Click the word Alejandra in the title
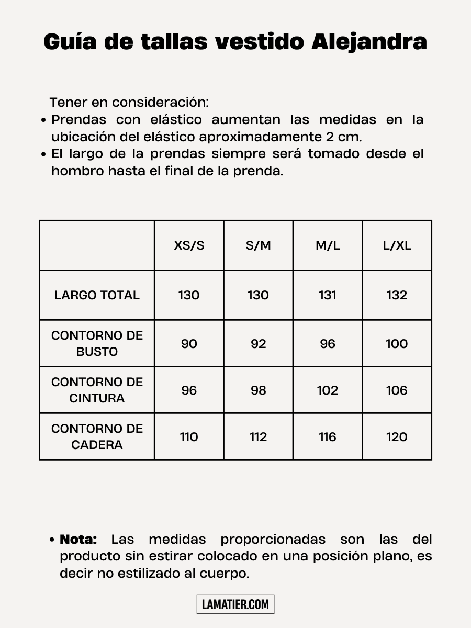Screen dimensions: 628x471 [x=369, y=42]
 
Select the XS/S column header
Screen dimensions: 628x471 [x=189, y=245]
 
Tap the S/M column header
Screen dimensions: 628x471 [x=259, y=245]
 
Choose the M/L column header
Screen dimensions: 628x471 [x=328, y=245]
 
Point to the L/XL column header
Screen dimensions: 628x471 [x=397, y=245]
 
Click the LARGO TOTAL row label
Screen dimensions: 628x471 [x=97, y=295]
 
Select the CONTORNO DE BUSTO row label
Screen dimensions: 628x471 [x=97, y=343]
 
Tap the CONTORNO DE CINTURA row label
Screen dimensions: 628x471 [x=97, y=390]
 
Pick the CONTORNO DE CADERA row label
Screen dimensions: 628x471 [x=97, y=436]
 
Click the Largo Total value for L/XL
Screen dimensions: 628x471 [x=397, y=295]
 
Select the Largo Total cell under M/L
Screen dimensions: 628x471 [x=328, y=295]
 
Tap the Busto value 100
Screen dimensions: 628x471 [x=397, y=344]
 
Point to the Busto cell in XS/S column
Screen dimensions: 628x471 [x=189, y=344]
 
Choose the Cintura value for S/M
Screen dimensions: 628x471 [x=259, y=390]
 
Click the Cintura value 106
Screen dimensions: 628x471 [x=397, y=390]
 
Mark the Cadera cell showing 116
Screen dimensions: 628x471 [x=328, y=437]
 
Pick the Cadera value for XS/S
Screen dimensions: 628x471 [x=189, y=437]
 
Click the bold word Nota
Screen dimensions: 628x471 [x=78, y=539]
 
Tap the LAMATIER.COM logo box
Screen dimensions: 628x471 [x=235, y=604]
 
